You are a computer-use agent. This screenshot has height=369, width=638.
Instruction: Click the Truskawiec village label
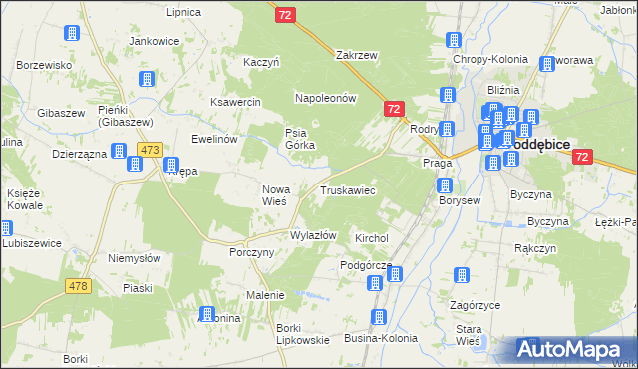pyautogui.click(x=347, y=189)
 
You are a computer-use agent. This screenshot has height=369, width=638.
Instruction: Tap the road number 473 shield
pyautogui.click(x=150, y=150)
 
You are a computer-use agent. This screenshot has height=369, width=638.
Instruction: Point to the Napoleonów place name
pyautogui.click(x=325, y=98)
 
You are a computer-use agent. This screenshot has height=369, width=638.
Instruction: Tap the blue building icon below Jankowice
pyautogui.click(x=148, y=78)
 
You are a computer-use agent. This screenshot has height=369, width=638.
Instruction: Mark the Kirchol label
pyautogui.click(x=371, y=239)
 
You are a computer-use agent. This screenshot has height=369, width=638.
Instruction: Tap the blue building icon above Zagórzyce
pyautogui.click(x=461, y=275)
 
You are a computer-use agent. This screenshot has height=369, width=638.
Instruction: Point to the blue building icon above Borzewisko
pyautogui.click(x=71, y=33)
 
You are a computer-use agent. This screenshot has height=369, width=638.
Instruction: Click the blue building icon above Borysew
pyautogui.click(x=444, y=185)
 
